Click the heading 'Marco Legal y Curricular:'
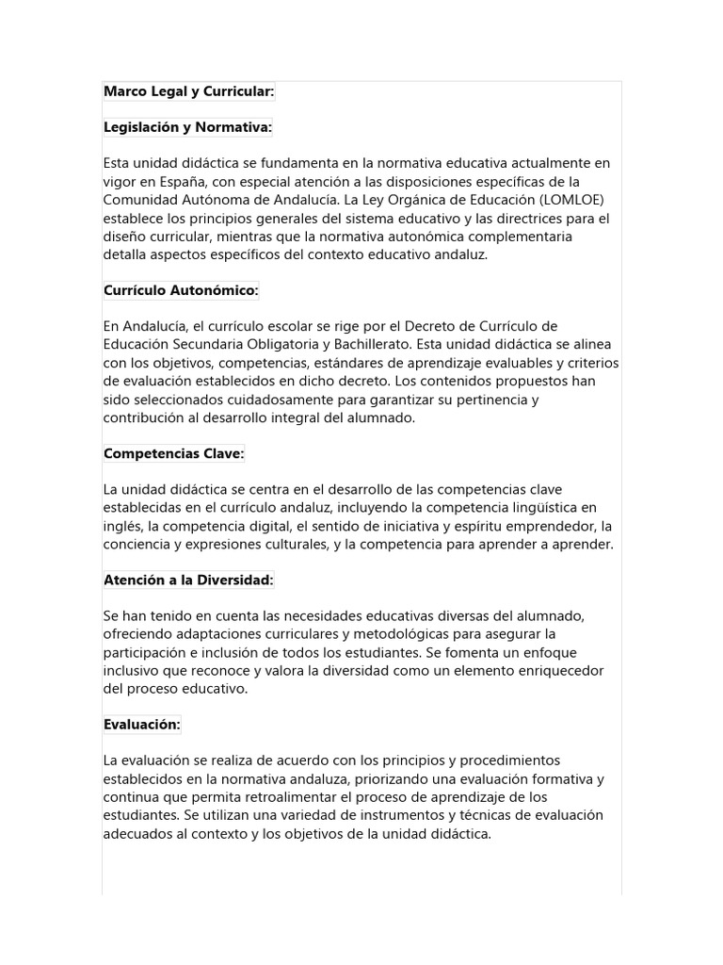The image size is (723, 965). click(188, 90)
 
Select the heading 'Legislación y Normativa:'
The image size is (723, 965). click(187, 127)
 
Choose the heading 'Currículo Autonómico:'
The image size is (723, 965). click(180, 290)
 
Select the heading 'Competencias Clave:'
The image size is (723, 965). click(173, 454)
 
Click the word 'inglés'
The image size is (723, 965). click(122, 527)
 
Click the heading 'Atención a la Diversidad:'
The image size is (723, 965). click(188, 581)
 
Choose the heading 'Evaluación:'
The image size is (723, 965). click(141, 725)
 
